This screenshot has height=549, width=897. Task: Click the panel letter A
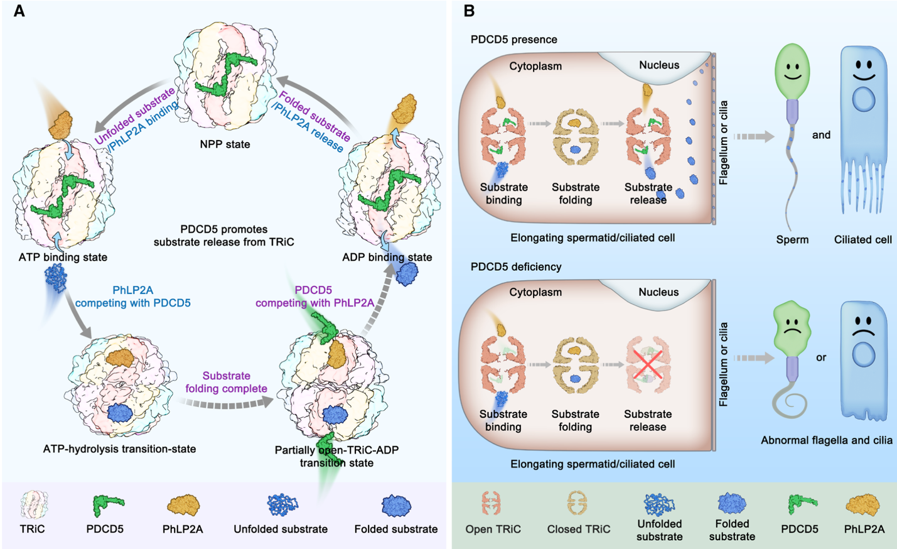pyautogui.click(x=19, y=11)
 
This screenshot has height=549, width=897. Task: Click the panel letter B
pyautogui.click(x=468, y=11)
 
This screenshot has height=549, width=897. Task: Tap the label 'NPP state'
pyautogui.click(x=225, y=144)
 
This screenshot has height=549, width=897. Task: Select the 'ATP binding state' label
pyautogui.click(x=63, y=257)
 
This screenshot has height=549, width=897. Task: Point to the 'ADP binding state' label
pyautogui.click(x=387, y=257)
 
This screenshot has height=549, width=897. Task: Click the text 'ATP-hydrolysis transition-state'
pyautogui.click(x=119, y=449)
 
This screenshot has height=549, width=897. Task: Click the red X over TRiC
pyautogui.click(x=648, y=364)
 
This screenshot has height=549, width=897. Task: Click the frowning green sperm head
pyautogui.click(x=792, y=327)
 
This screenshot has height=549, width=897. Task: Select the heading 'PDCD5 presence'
pyautogui.click(x=513, y=40)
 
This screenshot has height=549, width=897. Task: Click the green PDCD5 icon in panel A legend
pyautogui.click(x=107, y=505)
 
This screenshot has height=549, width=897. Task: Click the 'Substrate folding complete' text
pyautogui.click(x=226, y=383)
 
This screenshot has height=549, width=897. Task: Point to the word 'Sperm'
pyautogui.click(x=792, y=240)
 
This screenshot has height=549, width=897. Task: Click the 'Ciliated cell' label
pyautogui.click(x=862, y=240)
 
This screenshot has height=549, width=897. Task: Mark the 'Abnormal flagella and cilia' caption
pyautogui.click(x=826, y=440)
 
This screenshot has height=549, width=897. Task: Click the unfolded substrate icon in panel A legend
pyautogui.click(x=282, y=504)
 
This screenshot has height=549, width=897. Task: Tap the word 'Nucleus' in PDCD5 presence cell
pyautogui.click(x=658, y=65)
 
